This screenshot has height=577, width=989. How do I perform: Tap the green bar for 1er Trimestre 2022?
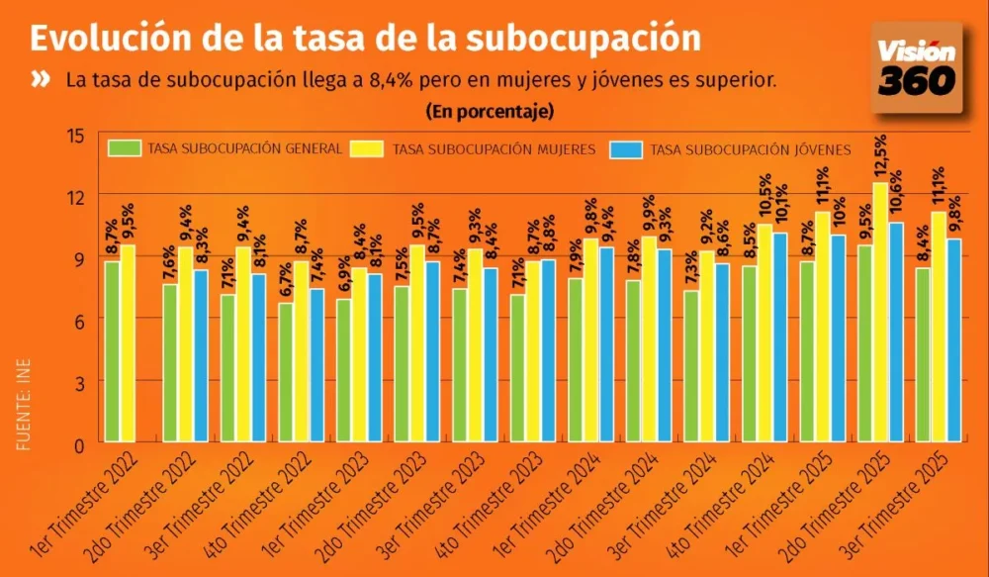pyautogui.click(x=113, y=352)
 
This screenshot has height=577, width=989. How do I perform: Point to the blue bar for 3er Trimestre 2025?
pyautogui.click(x=953, y=340)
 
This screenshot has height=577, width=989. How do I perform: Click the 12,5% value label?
pyautogui.click(x=880, y=157)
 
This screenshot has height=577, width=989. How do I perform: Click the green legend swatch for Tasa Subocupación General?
pyautogui.click(x=126, y=149)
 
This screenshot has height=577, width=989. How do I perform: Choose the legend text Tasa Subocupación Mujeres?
pyautogui.click(x=494, y=150)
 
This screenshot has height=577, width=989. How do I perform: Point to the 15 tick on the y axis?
pyautogui.click(x=76, y=135)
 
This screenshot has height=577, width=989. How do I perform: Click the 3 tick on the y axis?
pyautogui.click(x=78, y=382)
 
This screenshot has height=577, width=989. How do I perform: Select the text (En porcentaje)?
pyautogui.click(x=490, y=111)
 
